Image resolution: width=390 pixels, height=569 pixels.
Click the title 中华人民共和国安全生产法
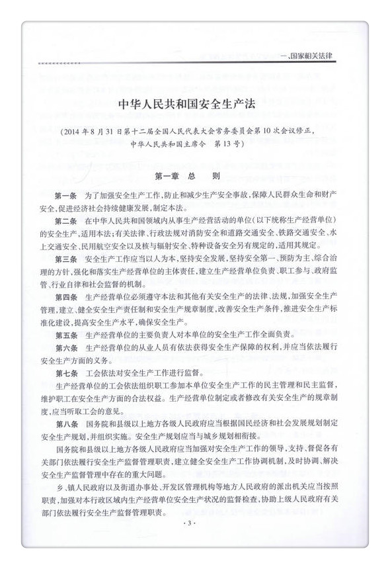196,105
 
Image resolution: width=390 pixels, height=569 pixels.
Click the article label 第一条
66,197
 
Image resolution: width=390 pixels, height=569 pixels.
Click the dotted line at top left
60,64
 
